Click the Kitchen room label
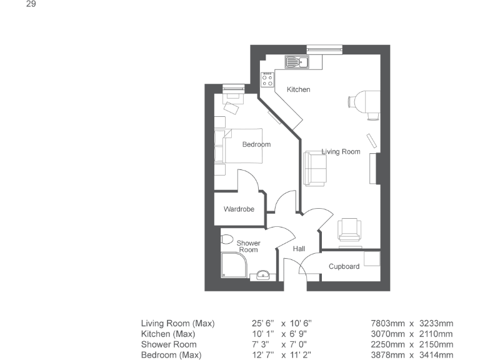[x=298, y=89]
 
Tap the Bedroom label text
[x=256, y=144]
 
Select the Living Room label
[x=341, y=151]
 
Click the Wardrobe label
[x=239, y=209]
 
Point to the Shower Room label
[x=248, y=246]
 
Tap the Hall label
[x=299, y=249]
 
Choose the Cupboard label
[x=344, y=266]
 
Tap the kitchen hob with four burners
[x=267, y=79]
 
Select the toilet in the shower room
[x=227, y=239]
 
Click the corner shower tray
[x=232, y=266]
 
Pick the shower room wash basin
[x=263, y=274]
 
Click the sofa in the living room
[x=315, y=168]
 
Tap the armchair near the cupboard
[x=349, y=229]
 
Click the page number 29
[x=30, y=4]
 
